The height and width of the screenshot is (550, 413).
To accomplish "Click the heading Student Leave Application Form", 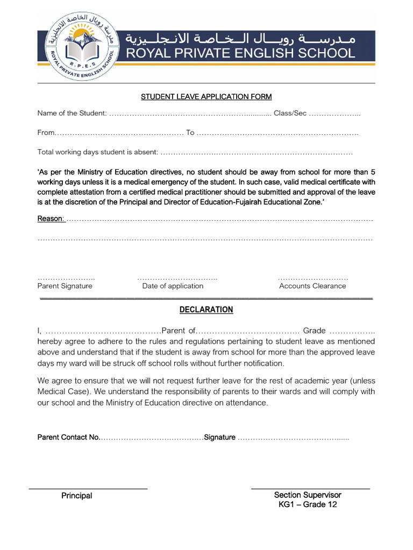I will [x=206, y=97].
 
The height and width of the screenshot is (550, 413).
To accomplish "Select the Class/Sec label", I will [x=290, y=113].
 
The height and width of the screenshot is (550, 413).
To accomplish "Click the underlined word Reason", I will [x=51, y=219].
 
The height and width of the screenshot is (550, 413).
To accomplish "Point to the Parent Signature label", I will [x=65, y=286].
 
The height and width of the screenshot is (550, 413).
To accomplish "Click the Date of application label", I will [x=173, y=286].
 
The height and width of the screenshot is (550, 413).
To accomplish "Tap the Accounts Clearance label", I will [x=312, y=286].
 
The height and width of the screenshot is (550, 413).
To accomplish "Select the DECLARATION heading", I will [x=206, y=309].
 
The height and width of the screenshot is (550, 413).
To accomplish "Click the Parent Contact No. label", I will [x=68, y=437].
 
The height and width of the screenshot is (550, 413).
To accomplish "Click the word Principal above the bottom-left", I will [x=76, y=496].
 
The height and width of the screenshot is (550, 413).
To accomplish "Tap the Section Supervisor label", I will [x=308, y=495].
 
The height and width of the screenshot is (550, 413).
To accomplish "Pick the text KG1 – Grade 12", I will [x=308, y=504].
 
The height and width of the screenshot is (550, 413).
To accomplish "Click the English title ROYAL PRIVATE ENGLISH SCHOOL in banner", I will [x=240, y=53].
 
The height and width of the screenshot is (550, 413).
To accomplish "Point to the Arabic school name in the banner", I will [x=240, y=39].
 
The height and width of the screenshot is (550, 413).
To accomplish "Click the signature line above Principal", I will [x=88, y=488].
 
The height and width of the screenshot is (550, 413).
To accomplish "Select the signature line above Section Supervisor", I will [x=310, y=488].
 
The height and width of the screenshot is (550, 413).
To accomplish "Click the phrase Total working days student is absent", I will [x=97, y=152].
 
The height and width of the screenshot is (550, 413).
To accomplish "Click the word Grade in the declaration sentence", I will [x=315, y=330].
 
